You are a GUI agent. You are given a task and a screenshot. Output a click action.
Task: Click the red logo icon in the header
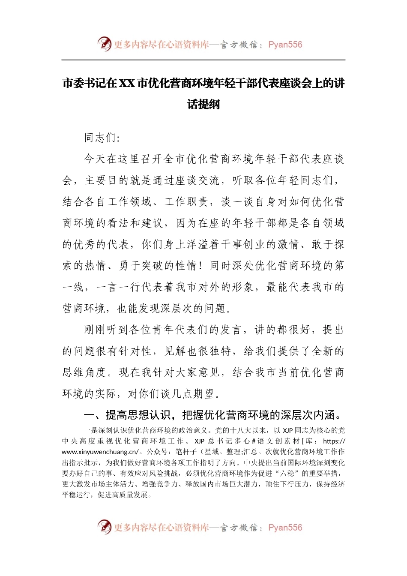104,44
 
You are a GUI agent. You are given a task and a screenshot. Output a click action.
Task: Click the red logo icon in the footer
104,527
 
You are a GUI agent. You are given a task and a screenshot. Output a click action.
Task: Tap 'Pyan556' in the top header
285,45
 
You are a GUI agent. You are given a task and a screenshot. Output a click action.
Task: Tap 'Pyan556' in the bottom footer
285,528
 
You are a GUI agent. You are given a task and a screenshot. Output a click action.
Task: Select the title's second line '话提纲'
203,104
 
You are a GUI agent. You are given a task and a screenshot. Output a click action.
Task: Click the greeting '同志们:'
102,138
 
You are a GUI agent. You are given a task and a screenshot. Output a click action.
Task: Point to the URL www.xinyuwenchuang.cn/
100,452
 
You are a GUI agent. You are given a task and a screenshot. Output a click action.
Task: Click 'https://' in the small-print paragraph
334,441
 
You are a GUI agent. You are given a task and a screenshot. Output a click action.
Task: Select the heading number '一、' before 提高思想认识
94,415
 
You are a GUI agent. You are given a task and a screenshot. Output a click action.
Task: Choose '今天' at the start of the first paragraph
95,159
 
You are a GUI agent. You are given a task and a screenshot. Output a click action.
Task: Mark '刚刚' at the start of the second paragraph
95,330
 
